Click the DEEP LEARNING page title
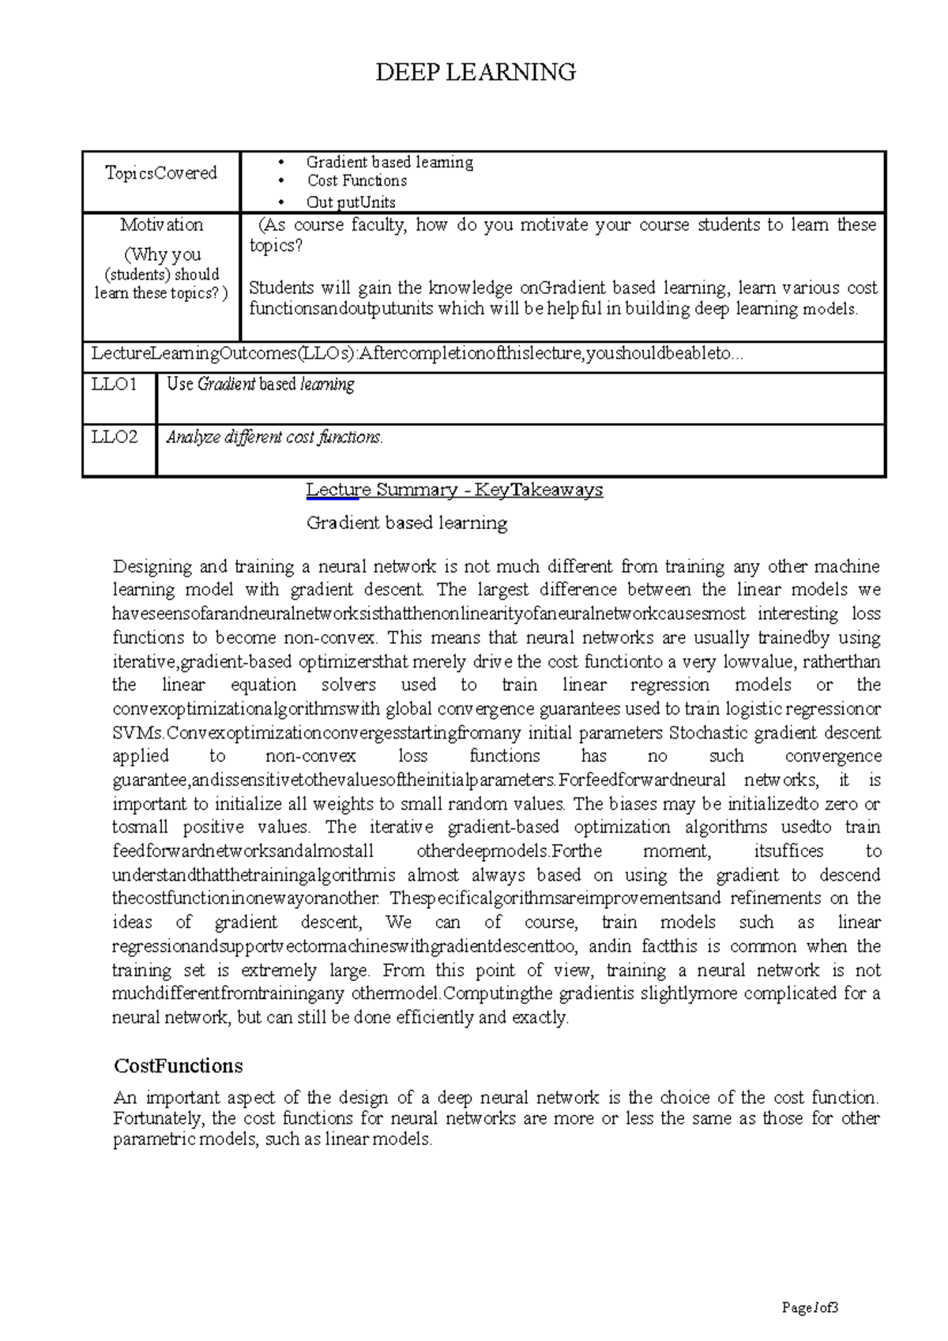point(475,73)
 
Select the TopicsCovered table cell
point(161,173)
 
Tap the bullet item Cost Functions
point(357,181)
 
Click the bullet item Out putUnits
point(351,202)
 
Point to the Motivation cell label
point(161,225)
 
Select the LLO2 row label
point(115,437)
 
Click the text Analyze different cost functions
point(274,437)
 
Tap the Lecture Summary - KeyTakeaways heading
point(454,490)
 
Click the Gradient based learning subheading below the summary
point(407,523)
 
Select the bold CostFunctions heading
point(178,1066)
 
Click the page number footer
point(809,1307)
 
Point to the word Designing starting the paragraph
point(152,566)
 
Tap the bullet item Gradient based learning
point(389,162)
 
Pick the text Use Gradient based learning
point(261,385)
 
